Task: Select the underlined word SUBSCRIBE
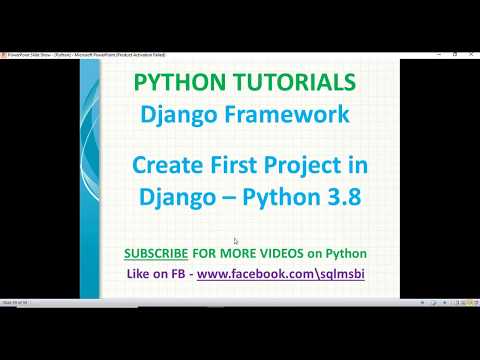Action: point(158,251)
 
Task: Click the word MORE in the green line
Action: point(240,251)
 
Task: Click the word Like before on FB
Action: point(140,272)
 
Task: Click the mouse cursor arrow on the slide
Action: point(236,241)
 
